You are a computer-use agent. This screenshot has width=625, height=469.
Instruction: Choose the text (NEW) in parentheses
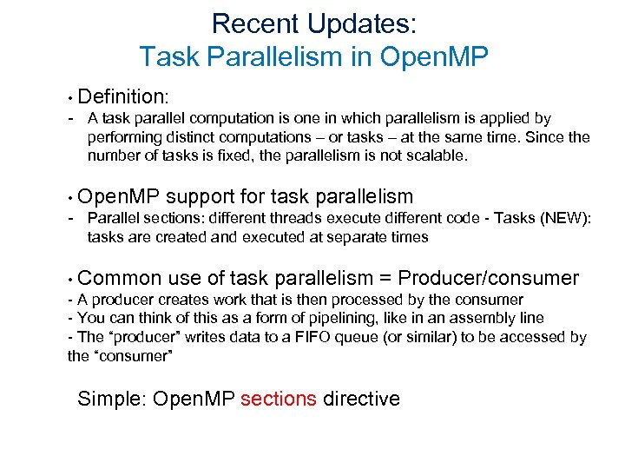click(x=560, y=218)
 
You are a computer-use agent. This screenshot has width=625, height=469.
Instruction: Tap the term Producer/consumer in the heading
click(x=487, y=278)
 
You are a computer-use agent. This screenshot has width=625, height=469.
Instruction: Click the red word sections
click(x=279, y=399)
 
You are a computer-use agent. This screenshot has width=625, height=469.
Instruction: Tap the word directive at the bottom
click(x=362, y=399)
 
